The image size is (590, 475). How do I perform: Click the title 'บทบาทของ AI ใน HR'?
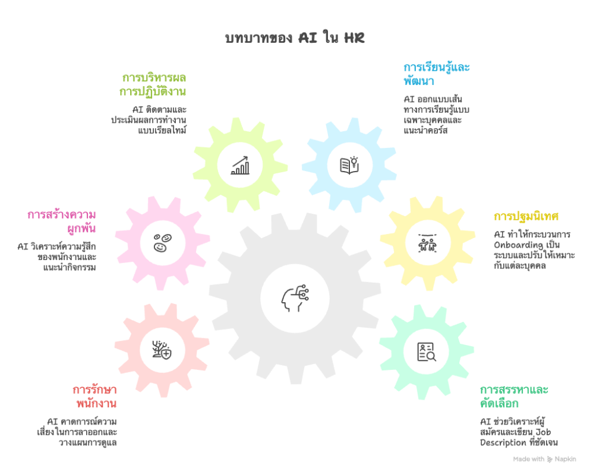[295, 39]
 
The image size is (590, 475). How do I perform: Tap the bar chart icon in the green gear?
[240, 164]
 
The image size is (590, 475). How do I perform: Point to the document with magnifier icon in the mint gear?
[427, 352]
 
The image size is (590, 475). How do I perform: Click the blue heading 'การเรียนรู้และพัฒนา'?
[436, 73]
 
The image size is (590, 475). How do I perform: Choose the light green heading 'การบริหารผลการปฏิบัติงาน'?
[153, 85]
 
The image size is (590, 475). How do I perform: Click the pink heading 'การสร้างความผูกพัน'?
[62, 221]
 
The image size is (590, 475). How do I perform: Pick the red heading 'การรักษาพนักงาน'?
[95, 397]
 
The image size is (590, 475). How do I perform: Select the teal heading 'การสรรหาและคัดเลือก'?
[513, 397]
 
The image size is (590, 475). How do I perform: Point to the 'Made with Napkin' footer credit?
[544, 459]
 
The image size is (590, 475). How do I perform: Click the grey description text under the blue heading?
[433, 114]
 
